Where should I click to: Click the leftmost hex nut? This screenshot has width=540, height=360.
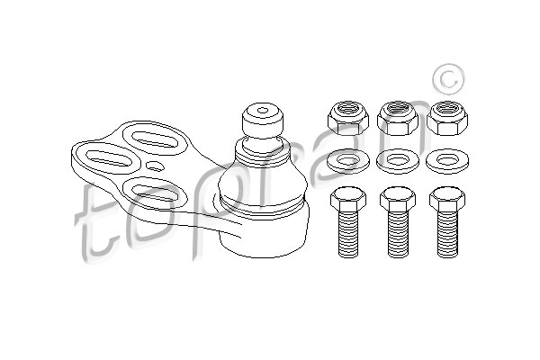pos(347,118)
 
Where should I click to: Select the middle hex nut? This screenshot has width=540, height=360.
pos(398,118)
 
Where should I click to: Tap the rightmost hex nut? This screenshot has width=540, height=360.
pos(447,118)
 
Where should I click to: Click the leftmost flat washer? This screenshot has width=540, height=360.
pos(347,161)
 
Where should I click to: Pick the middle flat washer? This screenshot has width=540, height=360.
pos(398,161)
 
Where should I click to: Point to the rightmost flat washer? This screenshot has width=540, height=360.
pos(447,161)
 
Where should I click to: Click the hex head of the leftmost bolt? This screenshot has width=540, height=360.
pos(347,199)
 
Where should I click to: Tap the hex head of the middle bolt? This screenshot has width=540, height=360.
pos(398,199)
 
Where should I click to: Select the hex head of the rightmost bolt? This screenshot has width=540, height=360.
pos(447,199)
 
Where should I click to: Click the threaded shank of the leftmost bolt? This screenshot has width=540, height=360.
pos(348,234)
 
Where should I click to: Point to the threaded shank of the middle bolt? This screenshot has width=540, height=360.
pos(398,234)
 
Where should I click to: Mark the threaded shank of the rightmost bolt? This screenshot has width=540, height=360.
pos(447,234)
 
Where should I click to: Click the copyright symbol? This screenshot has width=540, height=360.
pos(449,79)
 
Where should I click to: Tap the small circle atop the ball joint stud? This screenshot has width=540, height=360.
pos(263,110)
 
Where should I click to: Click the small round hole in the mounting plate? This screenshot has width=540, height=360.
pos(155,166)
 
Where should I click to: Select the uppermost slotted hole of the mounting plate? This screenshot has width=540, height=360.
pos(155,139)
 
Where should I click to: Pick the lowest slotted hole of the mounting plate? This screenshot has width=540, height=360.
pos(155,193)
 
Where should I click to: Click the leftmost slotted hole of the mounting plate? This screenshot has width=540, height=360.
pos(109,158)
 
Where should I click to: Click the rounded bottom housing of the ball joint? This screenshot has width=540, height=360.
pos(264,229)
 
